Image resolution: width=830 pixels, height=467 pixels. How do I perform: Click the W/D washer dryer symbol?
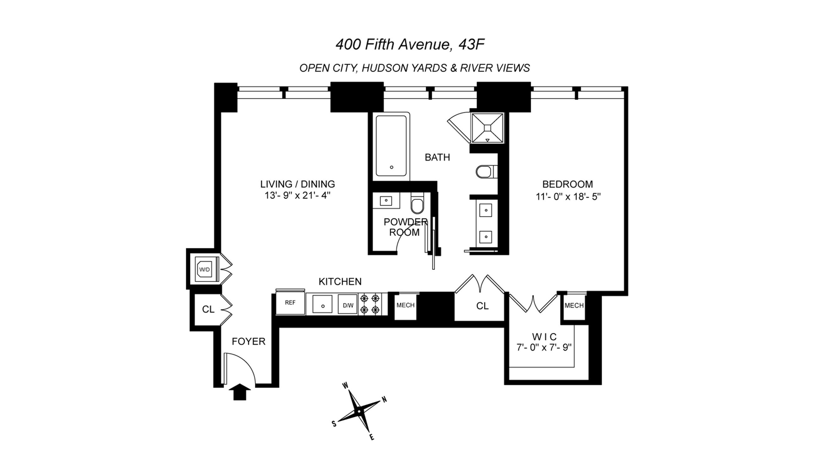(x=204, y=269)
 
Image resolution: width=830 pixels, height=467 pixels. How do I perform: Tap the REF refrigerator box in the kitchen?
(x=290, y=303)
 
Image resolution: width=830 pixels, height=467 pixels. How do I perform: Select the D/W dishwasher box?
(x=348, y=305)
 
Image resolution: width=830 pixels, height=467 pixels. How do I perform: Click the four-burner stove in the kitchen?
(x=370, y=304)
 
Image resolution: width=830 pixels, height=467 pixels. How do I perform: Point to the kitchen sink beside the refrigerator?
(x=322, y=304)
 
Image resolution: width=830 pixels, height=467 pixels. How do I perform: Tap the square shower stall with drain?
(x=488, y=128)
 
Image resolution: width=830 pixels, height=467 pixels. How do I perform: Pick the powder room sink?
(x=386, y=201)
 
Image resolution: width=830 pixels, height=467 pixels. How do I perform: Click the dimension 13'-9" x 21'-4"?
(x=297, y=195)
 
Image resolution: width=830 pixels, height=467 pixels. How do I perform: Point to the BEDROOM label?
(x=567, y=184)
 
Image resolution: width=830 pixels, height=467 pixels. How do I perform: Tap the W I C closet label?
(x=544, y=336)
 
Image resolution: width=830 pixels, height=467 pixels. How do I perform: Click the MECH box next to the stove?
(x=405, y=305)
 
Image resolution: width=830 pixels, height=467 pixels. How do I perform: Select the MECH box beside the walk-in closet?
(x=574, y=306)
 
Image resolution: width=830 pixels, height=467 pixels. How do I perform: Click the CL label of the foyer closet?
(x=208, y=310)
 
